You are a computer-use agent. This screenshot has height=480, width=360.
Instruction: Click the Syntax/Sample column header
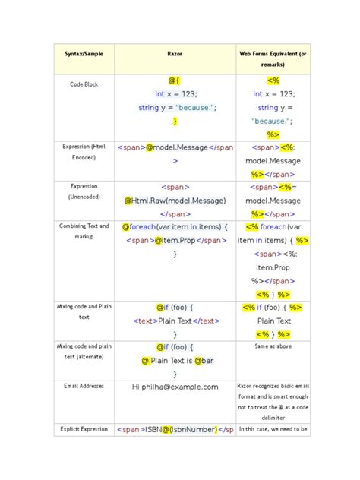pos(84,55)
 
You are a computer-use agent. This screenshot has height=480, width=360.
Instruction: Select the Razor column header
pos(175,55)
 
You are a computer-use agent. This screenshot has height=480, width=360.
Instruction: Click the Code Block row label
pos(84,84)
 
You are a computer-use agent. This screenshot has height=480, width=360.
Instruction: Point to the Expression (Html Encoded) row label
pos(84,152)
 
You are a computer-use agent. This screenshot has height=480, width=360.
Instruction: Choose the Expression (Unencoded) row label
pos(84,191)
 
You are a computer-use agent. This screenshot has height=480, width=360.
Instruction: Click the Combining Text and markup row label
pos(84,232)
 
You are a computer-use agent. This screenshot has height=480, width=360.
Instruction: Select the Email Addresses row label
pos(84,387)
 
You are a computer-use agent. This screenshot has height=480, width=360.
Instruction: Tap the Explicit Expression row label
pos(84,430)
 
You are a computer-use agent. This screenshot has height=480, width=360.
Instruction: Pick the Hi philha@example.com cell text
pos(175,387)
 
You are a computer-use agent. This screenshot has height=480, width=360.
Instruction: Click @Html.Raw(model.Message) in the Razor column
pos(175,201)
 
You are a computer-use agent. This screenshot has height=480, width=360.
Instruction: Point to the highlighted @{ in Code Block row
pos(175,80)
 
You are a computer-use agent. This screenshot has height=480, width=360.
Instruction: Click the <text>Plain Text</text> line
pos(175,321)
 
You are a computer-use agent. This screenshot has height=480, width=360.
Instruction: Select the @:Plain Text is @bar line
pos(175,361)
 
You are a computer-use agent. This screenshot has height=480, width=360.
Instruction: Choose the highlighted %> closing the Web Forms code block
pos(273,134)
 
